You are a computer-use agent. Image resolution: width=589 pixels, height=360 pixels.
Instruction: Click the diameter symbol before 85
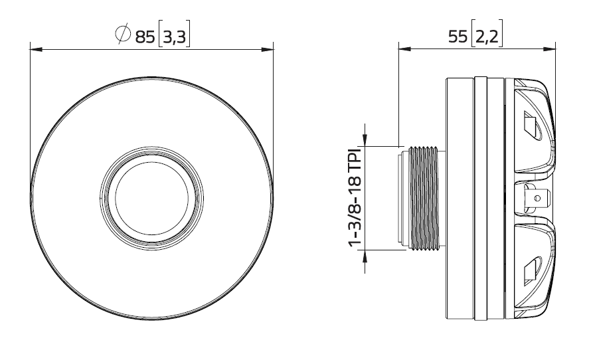coord(123,35)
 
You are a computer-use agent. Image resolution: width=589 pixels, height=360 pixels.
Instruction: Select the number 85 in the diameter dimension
coord(144,36)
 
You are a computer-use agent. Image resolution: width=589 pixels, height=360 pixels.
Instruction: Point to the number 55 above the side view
coord(458,37)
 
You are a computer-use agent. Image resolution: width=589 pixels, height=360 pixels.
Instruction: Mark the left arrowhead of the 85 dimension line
coord(35,48)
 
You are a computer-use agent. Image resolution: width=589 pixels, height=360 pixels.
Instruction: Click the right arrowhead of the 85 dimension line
coord(269,48)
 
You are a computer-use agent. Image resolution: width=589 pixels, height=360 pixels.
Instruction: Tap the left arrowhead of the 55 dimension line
coord(402,48)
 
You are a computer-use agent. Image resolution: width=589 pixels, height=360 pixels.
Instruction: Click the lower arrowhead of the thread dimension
coord(363,255)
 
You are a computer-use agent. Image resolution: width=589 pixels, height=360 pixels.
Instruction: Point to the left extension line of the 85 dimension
coord(31,120)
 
